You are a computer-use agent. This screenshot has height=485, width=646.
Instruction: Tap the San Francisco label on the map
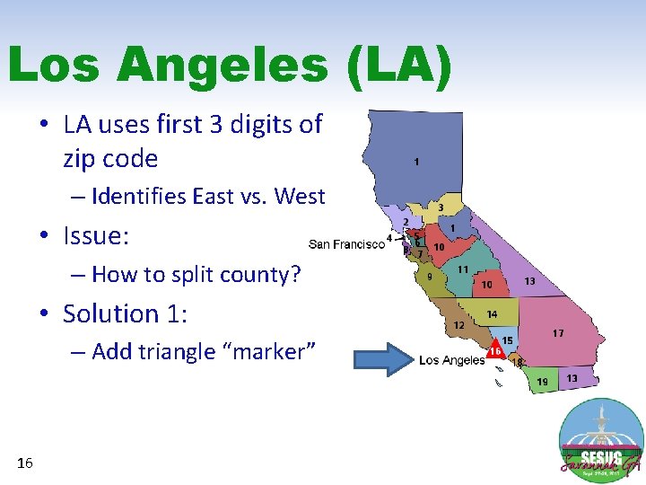[346, 243]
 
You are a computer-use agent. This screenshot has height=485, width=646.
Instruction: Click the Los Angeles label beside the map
[452, 360]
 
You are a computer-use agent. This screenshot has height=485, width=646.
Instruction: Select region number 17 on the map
[558, 333]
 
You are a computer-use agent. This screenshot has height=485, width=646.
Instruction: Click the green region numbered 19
[542, 381]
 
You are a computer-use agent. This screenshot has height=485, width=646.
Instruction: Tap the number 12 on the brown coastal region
[459, 324]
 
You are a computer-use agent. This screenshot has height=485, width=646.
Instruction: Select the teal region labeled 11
[463, 269]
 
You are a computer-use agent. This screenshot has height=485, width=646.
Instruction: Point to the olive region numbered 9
[430, 277]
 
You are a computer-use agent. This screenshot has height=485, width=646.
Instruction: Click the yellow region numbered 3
[440, 207]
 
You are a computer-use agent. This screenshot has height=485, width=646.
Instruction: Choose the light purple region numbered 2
[406, 221]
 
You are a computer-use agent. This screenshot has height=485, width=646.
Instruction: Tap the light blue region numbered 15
[507, 340]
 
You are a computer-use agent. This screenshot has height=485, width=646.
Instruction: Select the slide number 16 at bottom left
[25, 463]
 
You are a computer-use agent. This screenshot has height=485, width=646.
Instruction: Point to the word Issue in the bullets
[95, 236]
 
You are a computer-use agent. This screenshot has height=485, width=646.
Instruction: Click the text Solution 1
[124, 313]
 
